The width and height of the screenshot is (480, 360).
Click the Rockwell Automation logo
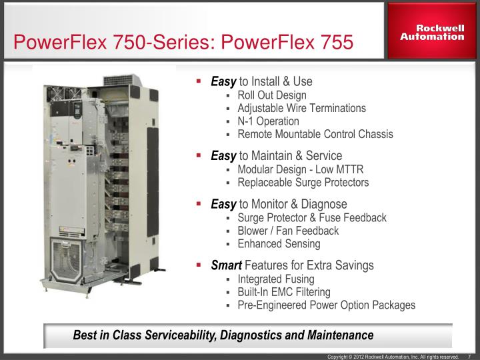point(432,32)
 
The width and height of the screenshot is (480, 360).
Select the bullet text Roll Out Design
point(272,95)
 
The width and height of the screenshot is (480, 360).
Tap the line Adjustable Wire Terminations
point(301,108)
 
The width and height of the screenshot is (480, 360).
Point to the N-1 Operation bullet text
point(268,121)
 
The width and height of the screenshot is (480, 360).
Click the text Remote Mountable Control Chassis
point(315,134)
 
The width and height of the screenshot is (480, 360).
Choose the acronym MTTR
point(349,169)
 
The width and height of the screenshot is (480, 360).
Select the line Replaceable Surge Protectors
point(303,182)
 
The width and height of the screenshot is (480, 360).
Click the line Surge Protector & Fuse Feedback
point(311,218)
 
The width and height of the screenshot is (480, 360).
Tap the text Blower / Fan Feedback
point(288,231)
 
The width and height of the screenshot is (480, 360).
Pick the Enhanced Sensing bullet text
point(279,244)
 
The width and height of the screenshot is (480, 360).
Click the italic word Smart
point(226,265)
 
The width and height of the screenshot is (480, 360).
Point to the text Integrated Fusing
point(276,279)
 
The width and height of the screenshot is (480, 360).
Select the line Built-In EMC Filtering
point(293,292)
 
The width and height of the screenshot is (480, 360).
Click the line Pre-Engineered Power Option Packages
point(326,305)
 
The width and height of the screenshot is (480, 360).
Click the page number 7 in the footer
point(469,357)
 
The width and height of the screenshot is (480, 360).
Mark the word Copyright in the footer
point(339,357)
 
